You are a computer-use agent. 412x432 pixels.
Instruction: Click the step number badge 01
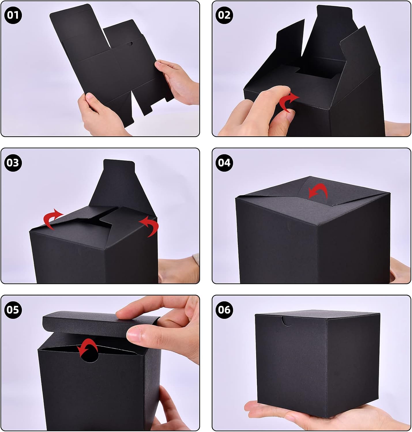[13, 15]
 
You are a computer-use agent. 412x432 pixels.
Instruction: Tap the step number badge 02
[224, 15]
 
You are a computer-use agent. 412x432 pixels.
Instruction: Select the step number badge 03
[13, 162]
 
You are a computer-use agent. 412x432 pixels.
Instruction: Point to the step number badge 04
[224, 162]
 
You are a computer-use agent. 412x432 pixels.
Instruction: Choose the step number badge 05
[13, 310]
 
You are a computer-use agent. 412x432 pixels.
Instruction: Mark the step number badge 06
[224, 310]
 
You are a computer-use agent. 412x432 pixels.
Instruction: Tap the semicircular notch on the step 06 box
[286, 321]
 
